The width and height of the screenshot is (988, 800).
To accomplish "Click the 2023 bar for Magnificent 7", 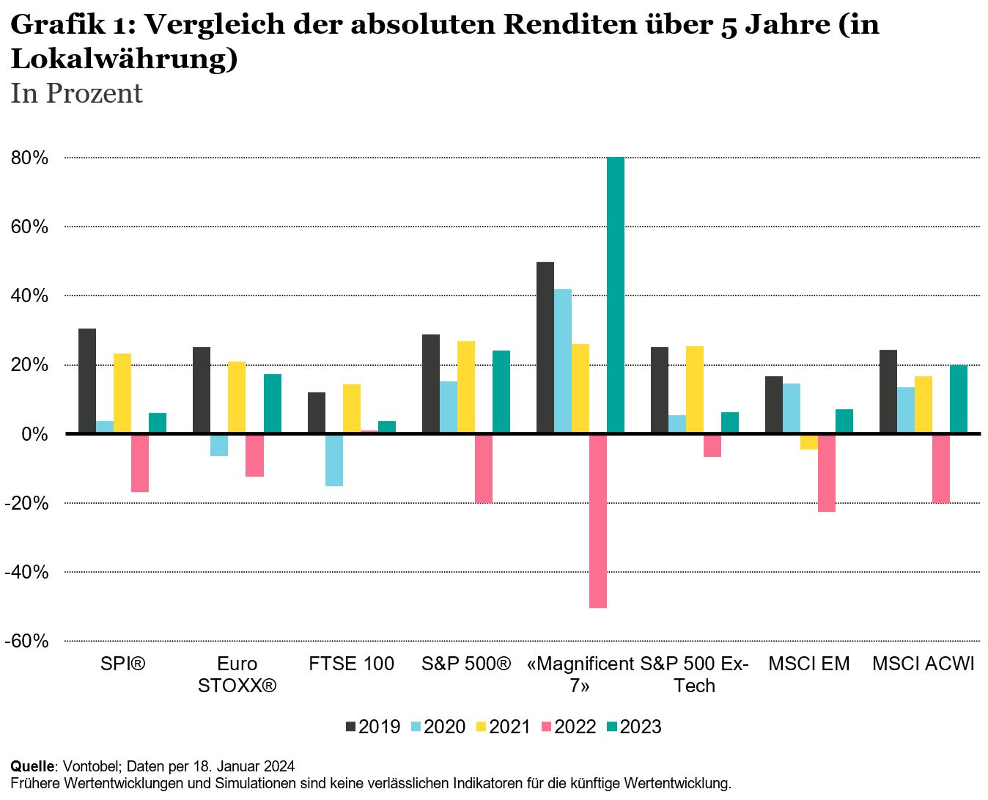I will point(615,295).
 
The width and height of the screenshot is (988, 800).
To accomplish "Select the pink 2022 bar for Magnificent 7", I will point(597,521).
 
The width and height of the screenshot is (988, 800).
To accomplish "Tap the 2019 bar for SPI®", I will point(87,381).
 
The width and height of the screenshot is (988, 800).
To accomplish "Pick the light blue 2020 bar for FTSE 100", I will point(334,460).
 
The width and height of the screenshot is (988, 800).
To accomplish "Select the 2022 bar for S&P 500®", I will point(483,468).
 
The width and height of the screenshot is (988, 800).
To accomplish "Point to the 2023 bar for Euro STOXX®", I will point(272,403).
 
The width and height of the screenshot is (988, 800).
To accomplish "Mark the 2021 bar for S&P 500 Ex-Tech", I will point(694,389).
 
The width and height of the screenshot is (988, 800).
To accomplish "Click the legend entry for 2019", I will point(372,727).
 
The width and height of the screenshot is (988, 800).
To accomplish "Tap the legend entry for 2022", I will point(568,727).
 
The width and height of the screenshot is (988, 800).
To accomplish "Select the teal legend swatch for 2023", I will point(612,727).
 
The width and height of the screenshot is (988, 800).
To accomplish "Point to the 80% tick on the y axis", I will point(30,158).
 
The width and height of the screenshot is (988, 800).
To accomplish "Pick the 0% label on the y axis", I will point(34,434).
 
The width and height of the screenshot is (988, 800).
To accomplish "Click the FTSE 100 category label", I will point(351,664).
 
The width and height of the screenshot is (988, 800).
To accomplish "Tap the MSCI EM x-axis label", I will point(808,664).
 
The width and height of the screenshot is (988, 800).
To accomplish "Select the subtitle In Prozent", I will point(76,94).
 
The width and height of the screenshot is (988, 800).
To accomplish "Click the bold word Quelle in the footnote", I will point(32,766).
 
